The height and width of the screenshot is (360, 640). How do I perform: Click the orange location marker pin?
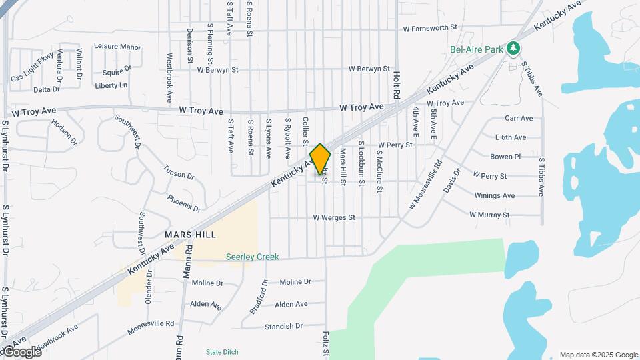(320, 159)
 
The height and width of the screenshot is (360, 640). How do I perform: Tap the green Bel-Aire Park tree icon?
(512, 48)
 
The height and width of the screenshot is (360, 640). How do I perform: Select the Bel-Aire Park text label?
(475, 49)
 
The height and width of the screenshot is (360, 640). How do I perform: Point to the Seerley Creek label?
(252, 257)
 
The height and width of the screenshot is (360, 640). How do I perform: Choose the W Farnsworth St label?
(430, 29)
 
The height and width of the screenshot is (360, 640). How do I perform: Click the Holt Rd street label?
(396, 83)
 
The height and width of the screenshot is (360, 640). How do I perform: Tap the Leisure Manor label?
(117, 47)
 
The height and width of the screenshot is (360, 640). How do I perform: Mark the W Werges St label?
(343, 217)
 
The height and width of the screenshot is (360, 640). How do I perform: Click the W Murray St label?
(489, 215)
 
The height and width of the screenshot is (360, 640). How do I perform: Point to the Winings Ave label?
(494, 195)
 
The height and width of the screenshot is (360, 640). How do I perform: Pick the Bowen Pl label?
(505, 157)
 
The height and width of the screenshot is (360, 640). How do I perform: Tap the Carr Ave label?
(519, 118)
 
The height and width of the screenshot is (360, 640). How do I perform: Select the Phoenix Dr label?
(184, 203)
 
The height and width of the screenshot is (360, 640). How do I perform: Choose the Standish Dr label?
(283, 326)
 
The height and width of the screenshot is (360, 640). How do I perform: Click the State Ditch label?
(223, 352)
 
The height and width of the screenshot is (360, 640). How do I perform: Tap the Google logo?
(22, 352)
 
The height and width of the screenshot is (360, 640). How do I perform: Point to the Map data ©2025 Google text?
(598, 355)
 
